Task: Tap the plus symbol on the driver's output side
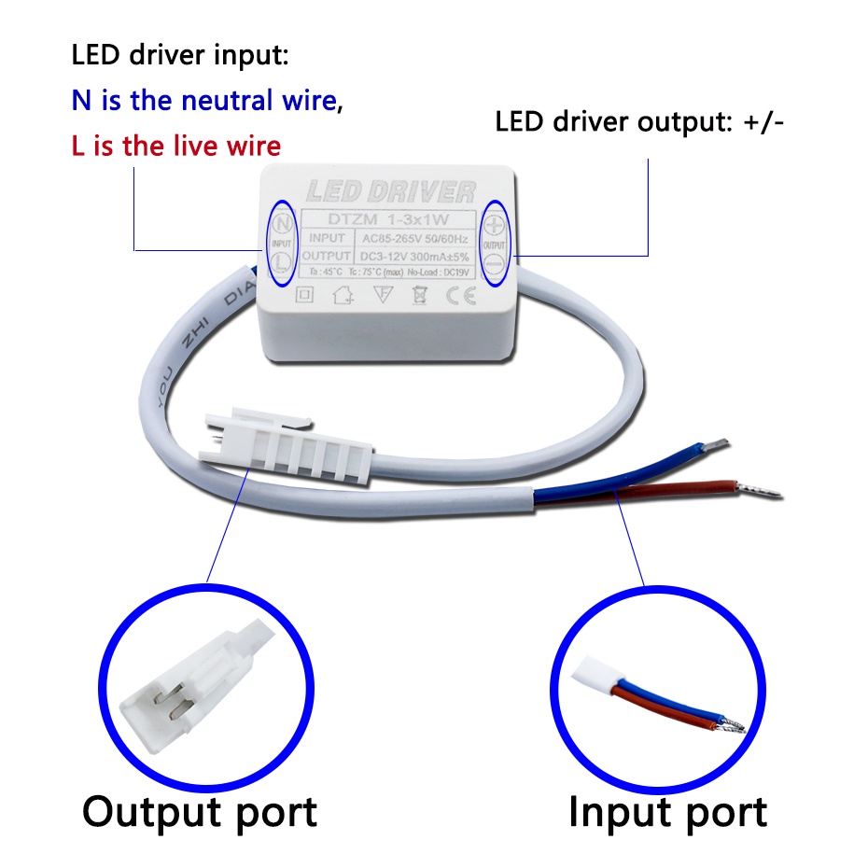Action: coord(495,224)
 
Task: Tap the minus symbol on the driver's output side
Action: coord(495,265)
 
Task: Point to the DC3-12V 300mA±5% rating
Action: coord(415,256)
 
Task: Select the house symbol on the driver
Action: coord(343,297)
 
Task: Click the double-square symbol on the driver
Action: coord(303,296)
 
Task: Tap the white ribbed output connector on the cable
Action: coord(299,448)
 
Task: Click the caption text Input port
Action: coord(667,811)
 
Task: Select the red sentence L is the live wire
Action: coord(175,147)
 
